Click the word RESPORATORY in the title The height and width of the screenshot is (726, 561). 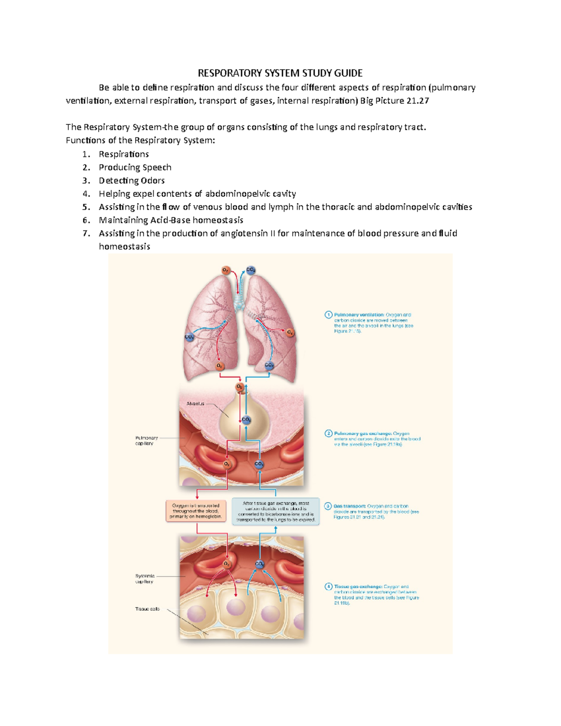click(x=230, y=73)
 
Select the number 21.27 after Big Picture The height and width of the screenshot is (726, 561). click(x=417, y=101)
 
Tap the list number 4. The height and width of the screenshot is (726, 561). click(x=86, y=194)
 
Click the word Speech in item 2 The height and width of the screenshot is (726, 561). click(x=157, y=167)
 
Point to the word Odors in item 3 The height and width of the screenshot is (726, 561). click(x=153, y=180)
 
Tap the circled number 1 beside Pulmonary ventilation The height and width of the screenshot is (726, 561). click(x=329, y=315)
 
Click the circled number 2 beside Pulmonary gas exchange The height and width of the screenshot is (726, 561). click(x=329, y=433)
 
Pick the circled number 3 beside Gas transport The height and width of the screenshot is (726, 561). click(x=328, y=506)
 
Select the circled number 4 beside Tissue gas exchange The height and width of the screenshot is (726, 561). click(x=329, y=586)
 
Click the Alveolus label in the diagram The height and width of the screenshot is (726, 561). click(x=195, y=403)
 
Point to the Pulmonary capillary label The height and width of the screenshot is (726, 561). click(x=146, y=440)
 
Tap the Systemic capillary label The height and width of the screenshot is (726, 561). click(x=145, y=579)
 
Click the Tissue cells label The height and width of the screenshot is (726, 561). click(x=147, y=609)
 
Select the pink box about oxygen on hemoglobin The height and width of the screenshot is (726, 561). click(x=196, y=511)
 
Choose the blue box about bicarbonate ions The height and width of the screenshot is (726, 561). click(x=276, y=511)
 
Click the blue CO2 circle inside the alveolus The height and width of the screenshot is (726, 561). click(x=246, y=420)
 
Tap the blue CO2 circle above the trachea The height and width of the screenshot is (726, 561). click(x=251, y=270)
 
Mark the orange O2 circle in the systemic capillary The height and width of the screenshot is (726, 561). click(x=227, y=564)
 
